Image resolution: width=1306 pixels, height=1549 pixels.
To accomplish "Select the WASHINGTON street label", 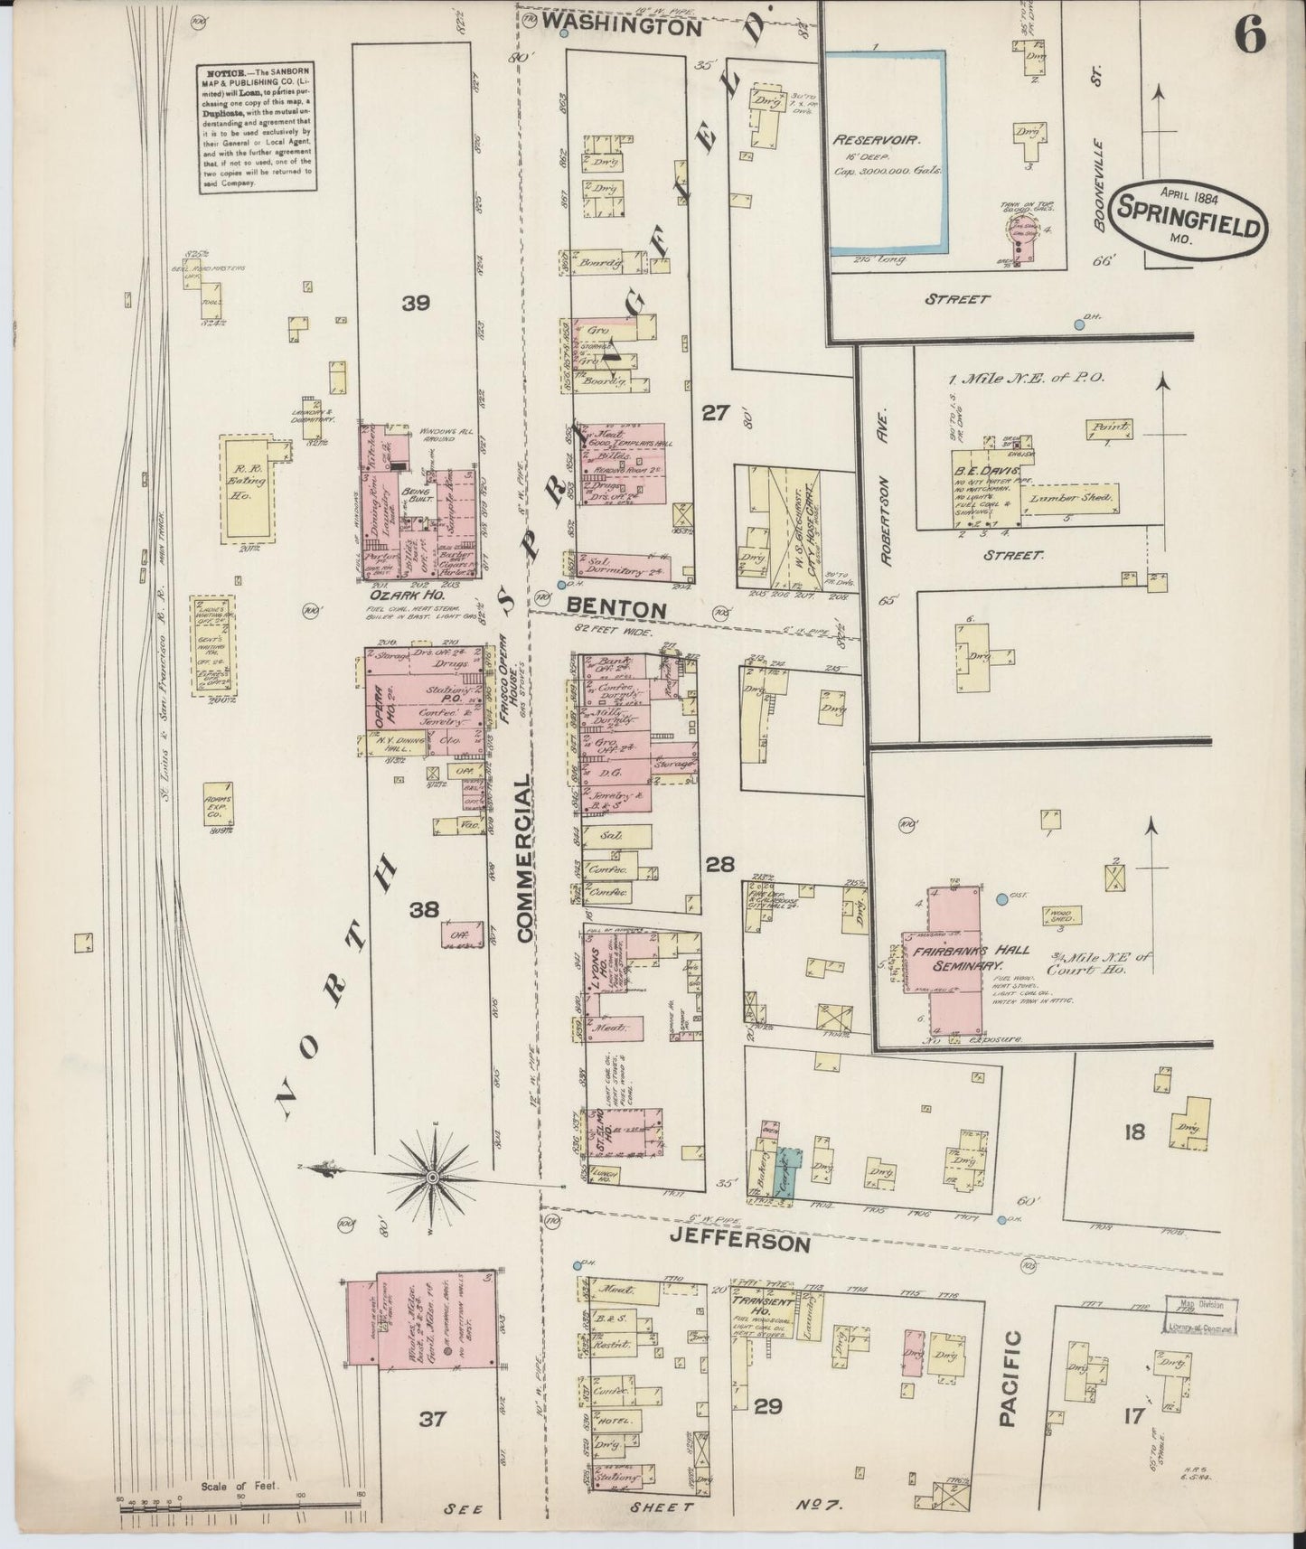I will pyautogui.click(x=624, y=28).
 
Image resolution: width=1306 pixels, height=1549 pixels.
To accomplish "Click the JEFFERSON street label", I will pyautogui.click(x=738, y=1244).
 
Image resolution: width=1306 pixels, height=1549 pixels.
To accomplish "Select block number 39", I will pyautogui.click(x=416, y=304).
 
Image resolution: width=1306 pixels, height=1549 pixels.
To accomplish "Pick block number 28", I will pyautogui.click(x=719, y=864).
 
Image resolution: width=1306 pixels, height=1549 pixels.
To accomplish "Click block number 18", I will pyautogui.click(x=1133, y=1131).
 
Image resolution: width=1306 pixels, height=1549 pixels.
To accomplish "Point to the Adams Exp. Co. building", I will pyautogui.click(x=216, y=803).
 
